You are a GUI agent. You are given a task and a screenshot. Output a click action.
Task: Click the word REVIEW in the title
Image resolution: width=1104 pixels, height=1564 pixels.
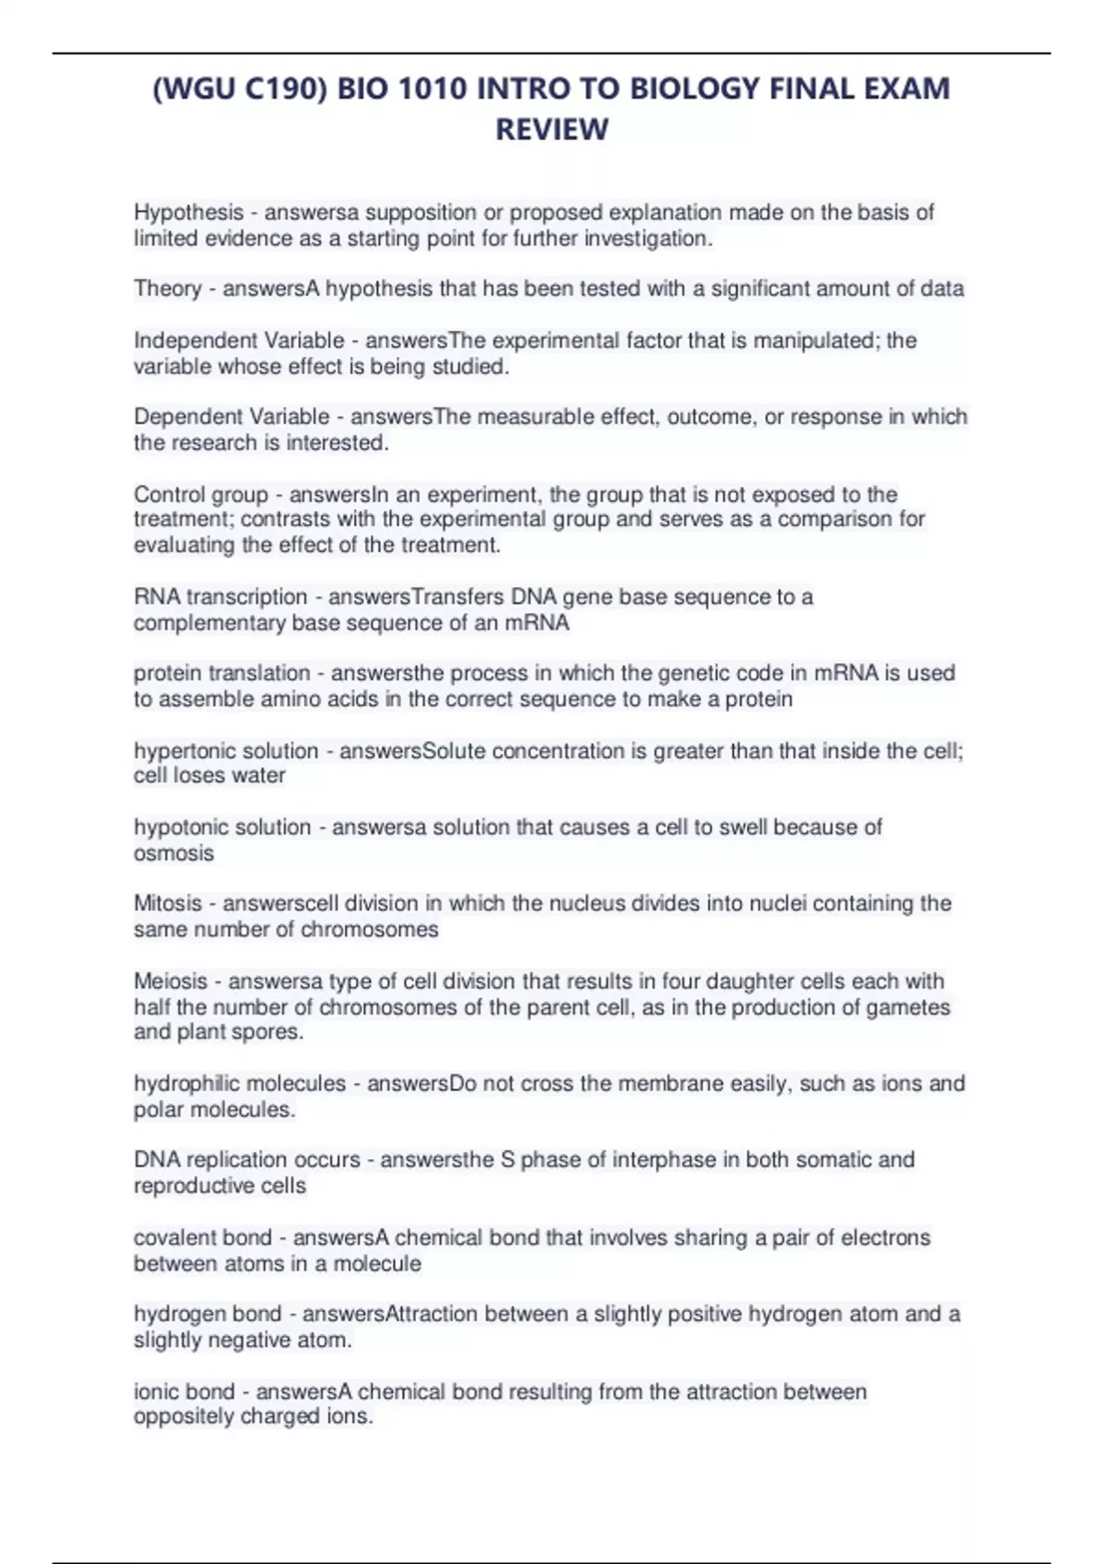coord(552,130)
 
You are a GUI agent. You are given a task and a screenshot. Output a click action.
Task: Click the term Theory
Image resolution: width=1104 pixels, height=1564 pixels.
coord(167,289)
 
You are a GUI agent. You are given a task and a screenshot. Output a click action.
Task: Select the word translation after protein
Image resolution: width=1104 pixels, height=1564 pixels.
coord(260,673)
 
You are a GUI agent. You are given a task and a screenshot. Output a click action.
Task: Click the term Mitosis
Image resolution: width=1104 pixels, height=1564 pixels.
coord(167,903)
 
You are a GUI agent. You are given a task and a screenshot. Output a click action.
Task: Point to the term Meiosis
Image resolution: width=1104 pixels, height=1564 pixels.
coord(170,981)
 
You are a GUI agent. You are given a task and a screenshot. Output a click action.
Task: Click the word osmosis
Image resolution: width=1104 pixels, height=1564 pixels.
coord(174,853)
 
